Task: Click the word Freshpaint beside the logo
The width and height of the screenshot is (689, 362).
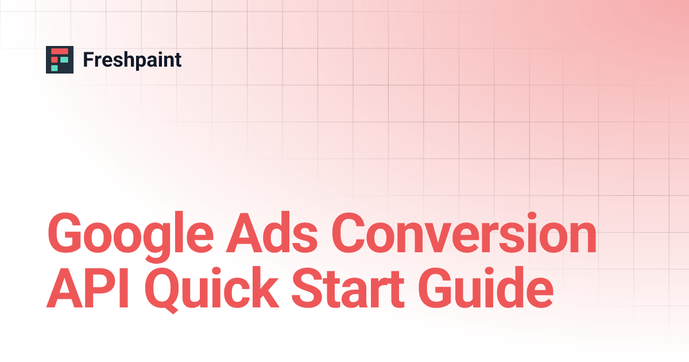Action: coord(132,60)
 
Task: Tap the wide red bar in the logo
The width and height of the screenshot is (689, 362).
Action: coord(60,52)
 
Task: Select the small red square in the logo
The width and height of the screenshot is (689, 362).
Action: coord(55,59)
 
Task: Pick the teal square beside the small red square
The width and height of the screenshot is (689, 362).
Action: coord(64,59)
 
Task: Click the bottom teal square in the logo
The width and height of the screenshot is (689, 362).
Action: coord(55,68)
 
